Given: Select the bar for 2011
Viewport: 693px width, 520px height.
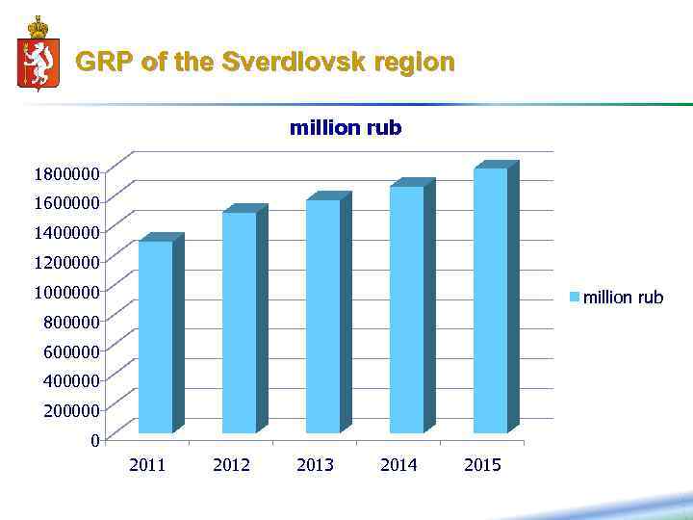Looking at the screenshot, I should coord(156,337).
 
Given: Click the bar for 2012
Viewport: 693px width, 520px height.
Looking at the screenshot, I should coord(240,323).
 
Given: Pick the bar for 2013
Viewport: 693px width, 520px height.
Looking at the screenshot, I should coord(323,317).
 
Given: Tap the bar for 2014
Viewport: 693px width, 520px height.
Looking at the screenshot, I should coord(407,310).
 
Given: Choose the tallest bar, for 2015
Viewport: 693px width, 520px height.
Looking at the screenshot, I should coord(491,300).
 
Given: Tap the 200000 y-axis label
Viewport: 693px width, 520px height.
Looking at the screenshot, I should coord(70,410).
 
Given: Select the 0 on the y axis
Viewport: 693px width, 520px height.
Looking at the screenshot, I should coord(93,440).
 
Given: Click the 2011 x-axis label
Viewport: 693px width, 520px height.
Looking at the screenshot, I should coord(147,465).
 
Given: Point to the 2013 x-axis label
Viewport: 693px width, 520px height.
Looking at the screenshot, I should coord(315,465).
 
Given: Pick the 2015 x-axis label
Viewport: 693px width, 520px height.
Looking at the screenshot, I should coord(482,465).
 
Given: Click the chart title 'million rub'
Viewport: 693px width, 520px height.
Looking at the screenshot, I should coord(346,128).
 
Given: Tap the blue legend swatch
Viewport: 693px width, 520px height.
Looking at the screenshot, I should coord(575,298).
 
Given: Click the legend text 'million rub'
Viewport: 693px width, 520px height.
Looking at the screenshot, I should coord(624,298).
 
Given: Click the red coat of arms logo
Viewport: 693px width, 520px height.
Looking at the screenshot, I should coord(38,55).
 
